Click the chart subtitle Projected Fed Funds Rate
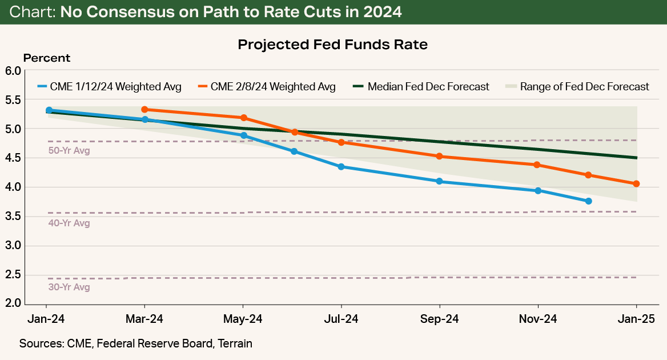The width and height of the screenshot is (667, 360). tap(332, 45)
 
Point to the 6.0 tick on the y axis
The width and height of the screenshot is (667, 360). tap(13, 71)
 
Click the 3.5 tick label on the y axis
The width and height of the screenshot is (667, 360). tap(13, 217)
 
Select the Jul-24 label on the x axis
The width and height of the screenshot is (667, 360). tap(341, 319)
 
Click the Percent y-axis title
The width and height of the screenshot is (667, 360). tap(47, 58)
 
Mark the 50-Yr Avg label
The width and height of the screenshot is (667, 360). tap(69, 151)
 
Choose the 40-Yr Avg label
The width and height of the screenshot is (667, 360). tap(69, 223)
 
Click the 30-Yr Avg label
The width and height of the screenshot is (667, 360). tap(69, 287)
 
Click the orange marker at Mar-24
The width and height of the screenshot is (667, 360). tap(144, 109)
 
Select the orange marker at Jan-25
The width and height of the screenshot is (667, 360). tap(637, 183)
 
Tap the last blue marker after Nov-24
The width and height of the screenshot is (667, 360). tap(588, 201)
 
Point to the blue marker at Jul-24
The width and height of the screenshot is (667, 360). tap(341, 167)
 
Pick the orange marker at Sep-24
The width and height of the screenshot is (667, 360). tap(439, 156)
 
